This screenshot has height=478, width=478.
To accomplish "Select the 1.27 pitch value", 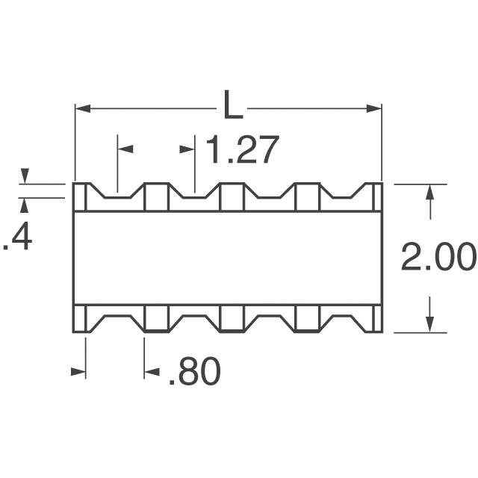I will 241,150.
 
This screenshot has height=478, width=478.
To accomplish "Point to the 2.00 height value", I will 438,258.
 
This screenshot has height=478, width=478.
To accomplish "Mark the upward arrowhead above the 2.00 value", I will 429,192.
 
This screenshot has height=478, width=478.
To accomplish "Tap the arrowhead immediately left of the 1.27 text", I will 187,149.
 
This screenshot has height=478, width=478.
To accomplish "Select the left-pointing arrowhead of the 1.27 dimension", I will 125,149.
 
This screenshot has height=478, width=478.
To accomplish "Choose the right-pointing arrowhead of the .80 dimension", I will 78,371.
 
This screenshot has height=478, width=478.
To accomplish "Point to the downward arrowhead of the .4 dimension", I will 24,177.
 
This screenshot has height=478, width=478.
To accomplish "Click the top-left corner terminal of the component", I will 81,196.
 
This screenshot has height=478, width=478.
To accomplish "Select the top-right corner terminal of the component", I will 376,196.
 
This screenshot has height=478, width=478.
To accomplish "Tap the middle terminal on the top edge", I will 232,196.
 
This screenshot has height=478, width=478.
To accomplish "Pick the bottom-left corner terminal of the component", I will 81,318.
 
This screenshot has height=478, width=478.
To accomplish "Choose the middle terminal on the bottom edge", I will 232,318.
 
